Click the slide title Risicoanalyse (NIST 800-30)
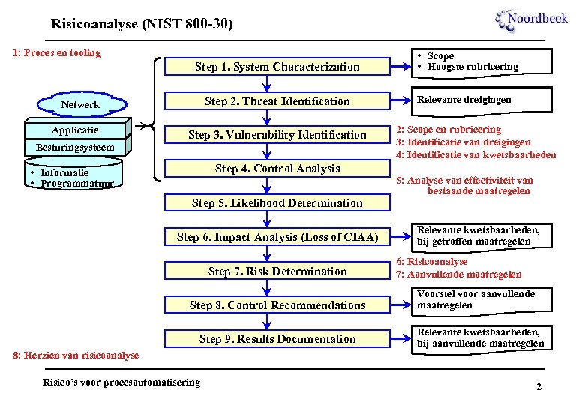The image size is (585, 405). point(142,24)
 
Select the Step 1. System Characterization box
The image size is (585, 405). point(277,67)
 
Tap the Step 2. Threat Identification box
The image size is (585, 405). point(277,101)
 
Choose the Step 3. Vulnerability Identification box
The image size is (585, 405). point(277,135)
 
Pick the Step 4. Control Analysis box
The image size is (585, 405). point(277,169)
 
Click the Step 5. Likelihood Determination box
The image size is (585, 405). point(277,203)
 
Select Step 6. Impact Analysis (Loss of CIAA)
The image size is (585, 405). point(277,237)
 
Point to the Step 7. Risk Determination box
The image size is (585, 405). point(277,271)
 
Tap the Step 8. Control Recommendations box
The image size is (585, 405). point(277,305)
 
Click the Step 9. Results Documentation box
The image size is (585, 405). point(277,339)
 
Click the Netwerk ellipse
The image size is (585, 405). point(79,105)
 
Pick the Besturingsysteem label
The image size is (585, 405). point(75,148)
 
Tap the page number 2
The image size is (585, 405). point(538,386)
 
